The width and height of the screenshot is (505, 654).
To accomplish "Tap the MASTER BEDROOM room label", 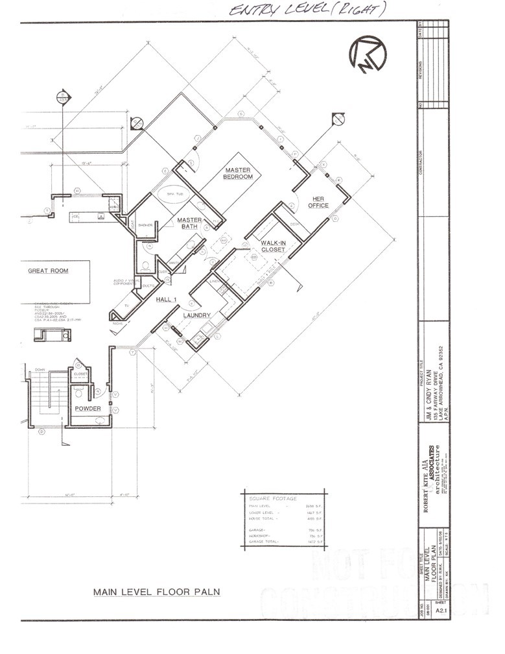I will (237, 173).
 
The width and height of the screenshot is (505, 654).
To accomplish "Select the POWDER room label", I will (88, 408).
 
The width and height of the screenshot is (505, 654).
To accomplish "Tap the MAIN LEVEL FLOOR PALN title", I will (156, 592).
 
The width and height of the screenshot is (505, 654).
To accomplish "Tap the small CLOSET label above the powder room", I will (81, 374).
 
